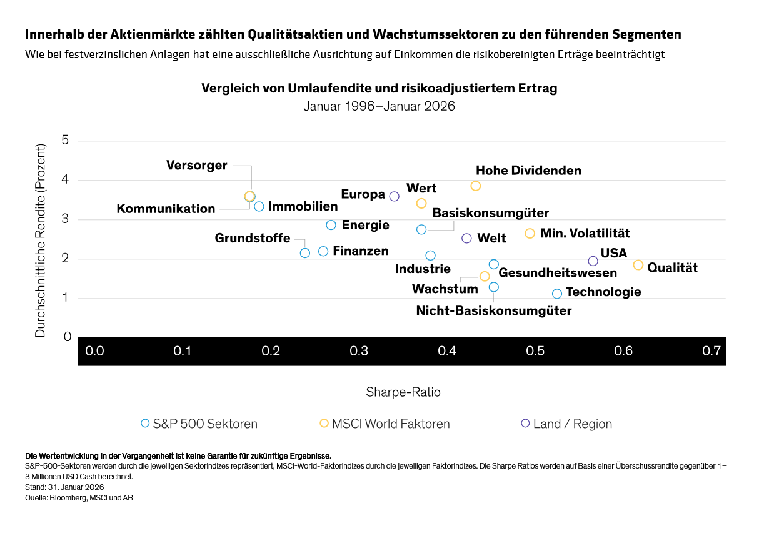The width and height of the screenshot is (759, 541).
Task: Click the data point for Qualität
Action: point(638,265)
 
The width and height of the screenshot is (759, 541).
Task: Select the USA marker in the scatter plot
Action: point(593,261)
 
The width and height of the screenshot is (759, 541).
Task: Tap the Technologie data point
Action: point(557,294)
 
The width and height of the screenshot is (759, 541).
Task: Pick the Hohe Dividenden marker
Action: point(476,186)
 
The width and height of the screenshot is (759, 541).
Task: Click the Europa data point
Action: point(395,196)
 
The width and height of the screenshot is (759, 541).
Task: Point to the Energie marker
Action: point(331,225)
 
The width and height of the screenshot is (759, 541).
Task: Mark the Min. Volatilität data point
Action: point(530,233)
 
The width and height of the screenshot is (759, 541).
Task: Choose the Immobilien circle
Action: point(259,206)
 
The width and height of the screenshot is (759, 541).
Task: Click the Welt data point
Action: point(466,238)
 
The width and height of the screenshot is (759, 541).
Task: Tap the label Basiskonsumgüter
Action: point(491,213)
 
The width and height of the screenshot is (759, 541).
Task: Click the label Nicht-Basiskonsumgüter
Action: point(494,310)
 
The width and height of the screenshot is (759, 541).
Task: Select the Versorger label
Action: point(196,166)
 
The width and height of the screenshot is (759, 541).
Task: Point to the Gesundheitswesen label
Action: point(558,273)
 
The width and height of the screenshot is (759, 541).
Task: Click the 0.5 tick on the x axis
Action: point(535,351)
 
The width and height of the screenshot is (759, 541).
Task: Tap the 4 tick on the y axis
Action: point(65,180)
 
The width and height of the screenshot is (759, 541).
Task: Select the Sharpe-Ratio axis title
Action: point(403,392)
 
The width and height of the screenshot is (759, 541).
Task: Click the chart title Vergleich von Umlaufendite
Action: point(379,88)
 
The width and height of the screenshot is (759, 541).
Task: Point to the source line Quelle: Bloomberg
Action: point(79,498)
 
